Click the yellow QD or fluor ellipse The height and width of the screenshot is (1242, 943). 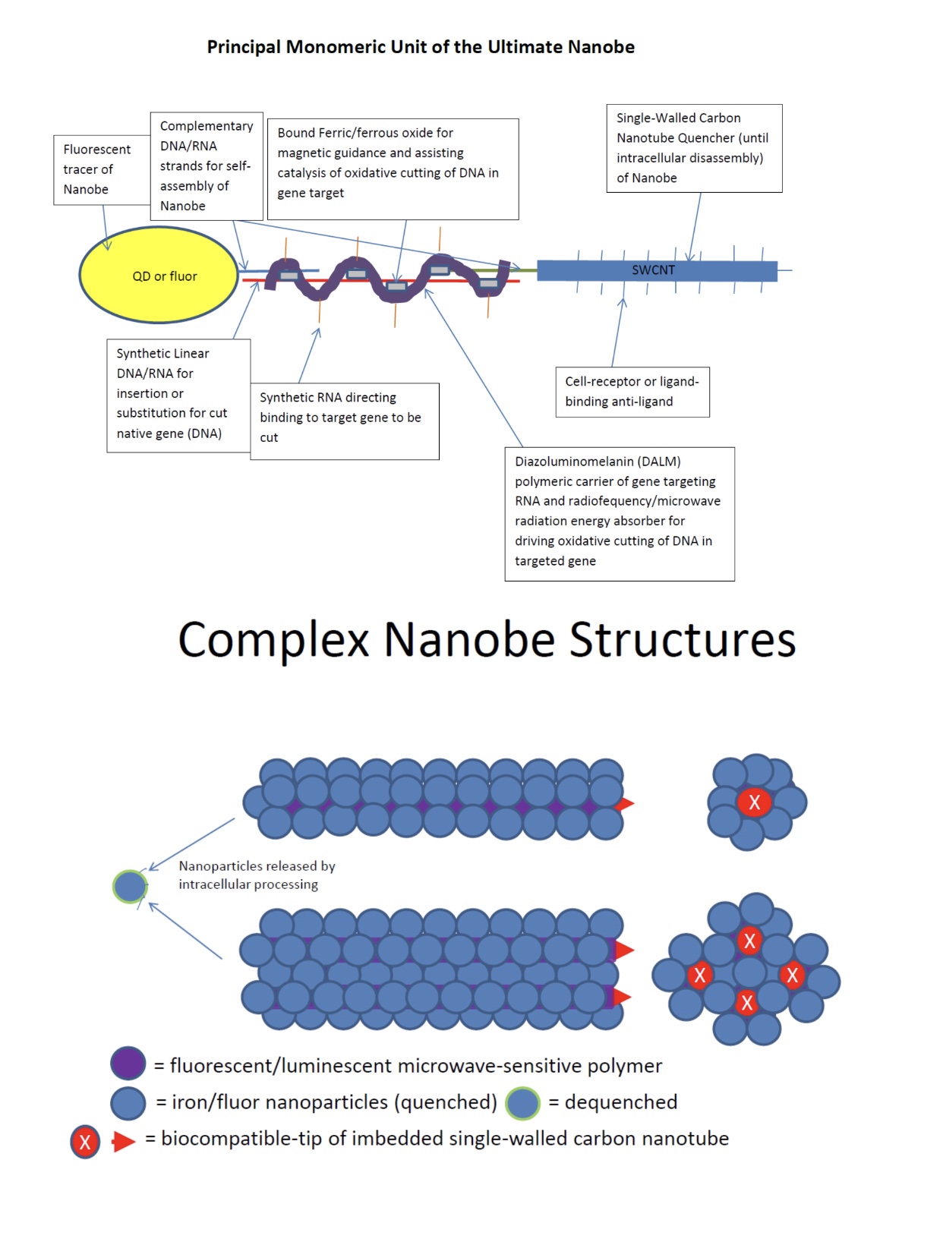(158, 275)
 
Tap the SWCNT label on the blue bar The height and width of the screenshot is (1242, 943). (653, 270)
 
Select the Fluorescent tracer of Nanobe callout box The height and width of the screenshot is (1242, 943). (102, 170)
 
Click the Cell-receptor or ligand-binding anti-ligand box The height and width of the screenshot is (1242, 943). (632, 392)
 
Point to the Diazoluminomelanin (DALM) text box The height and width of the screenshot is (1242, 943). (620, 514)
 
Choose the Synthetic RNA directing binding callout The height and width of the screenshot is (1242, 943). (345, 421)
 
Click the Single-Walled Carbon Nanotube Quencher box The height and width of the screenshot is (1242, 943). (694, 148)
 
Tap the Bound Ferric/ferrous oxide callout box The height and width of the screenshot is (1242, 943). (393, 169)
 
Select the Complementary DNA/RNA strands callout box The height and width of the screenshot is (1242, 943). (207, 165)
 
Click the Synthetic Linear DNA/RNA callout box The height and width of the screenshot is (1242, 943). (178, 396)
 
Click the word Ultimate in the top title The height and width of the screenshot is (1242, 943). (525, 47)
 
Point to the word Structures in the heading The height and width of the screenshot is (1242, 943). (682, 639)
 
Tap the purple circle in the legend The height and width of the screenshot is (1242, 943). (128, 1063)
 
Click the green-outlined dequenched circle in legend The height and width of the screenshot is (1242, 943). (522, 1103)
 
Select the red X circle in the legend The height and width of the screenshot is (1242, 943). (85, 1142)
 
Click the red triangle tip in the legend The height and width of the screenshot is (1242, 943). (123, 1141)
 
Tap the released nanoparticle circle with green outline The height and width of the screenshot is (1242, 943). (130, 886)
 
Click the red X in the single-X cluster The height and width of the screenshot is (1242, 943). (754, 802)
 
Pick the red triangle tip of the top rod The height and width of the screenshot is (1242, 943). (633, 803)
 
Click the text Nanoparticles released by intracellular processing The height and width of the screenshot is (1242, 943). (257, 875)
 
